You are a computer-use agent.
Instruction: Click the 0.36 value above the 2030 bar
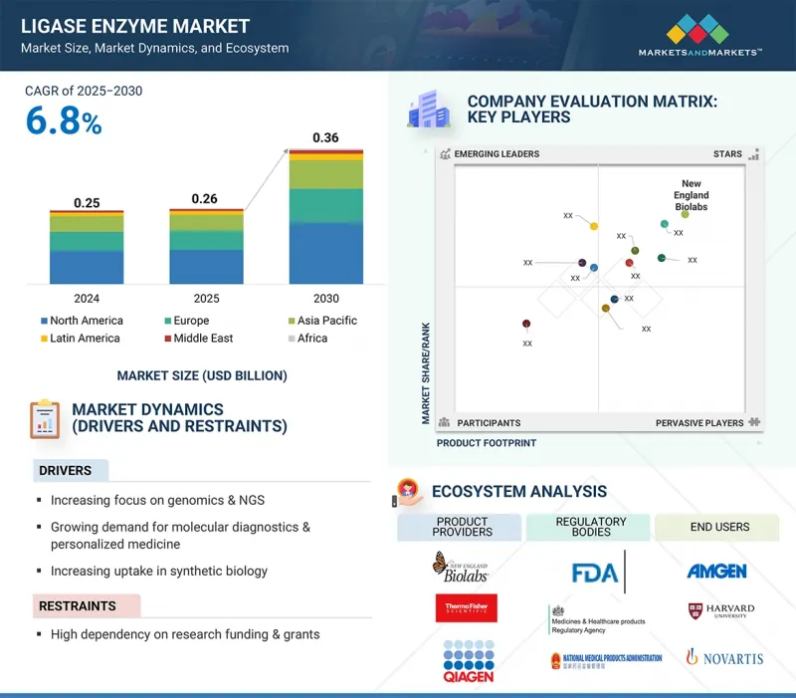pyautogui.click(x=325, y=137)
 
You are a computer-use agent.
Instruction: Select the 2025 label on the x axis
pyautogui.click(x=206, y=298)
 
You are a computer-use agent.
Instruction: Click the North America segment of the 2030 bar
pyautogui.click(x=325, y=253)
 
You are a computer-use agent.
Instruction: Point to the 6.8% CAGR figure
pyautogui.click(x=64, y=121)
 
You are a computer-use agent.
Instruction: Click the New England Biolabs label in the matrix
pyautogui.click(x=693, y=195)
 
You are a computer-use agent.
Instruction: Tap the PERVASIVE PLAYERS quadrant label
pyautogui.click(x=698, y=423)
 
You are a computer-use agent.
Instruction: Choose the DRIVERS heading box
pyautogui.click(x=68, y=470)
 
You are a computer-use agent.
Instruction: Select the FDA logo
pyautogui.click(x=594, y=573)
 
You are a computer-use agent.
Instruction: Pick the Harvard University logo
pyautogui.click(x=721, y=610)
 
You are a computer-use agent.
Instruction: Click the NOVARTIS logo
pyautogui.click(x=723, y=657)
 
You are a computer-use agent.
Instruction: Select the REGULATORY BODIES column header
pyautogui.click(x=591, y=527)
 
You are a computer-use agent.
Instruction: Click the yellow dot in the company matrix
pyautogui.click(x=594, y=226)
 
